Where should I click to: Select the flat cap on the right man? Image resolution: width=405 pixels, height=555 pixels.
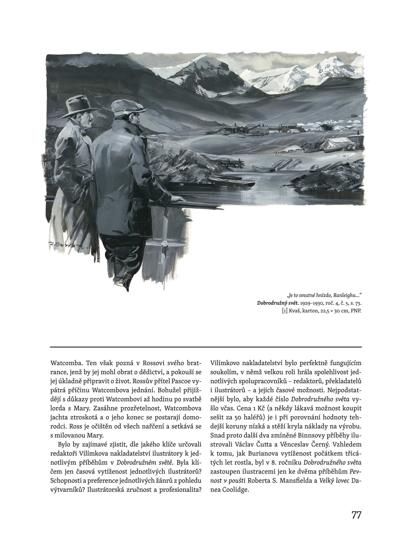click(x=123, y=107)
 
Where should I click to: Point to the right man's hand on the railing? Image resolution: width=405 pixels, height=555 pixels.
click(x=176, y=199)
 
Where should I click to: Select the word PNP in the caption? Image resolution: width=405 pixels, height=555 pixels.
click(x=355, y=310)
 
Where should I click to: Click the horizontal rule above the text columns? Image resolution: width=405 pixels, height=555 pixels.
click(x=206, y=347)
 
